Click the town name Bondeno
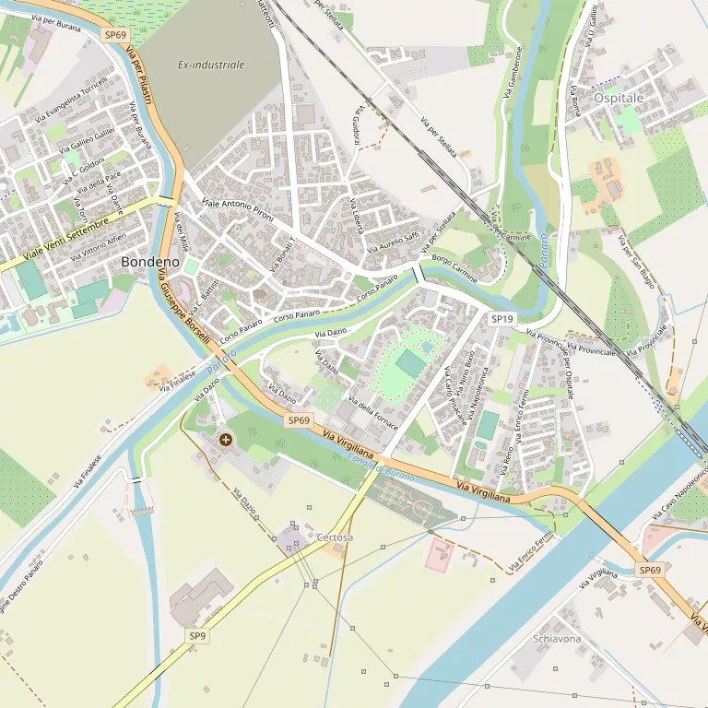pos(149,262)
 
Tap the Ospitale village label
pos(619,98)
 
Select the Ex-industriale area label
pos(211,65)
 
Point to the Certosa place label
pos(335,537)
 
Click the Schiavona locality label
pos(557,639)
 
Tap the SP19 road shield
pos(501,319)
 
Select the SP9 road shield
pos(198,636)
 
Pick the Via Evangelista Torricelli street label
pos(72,99)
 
